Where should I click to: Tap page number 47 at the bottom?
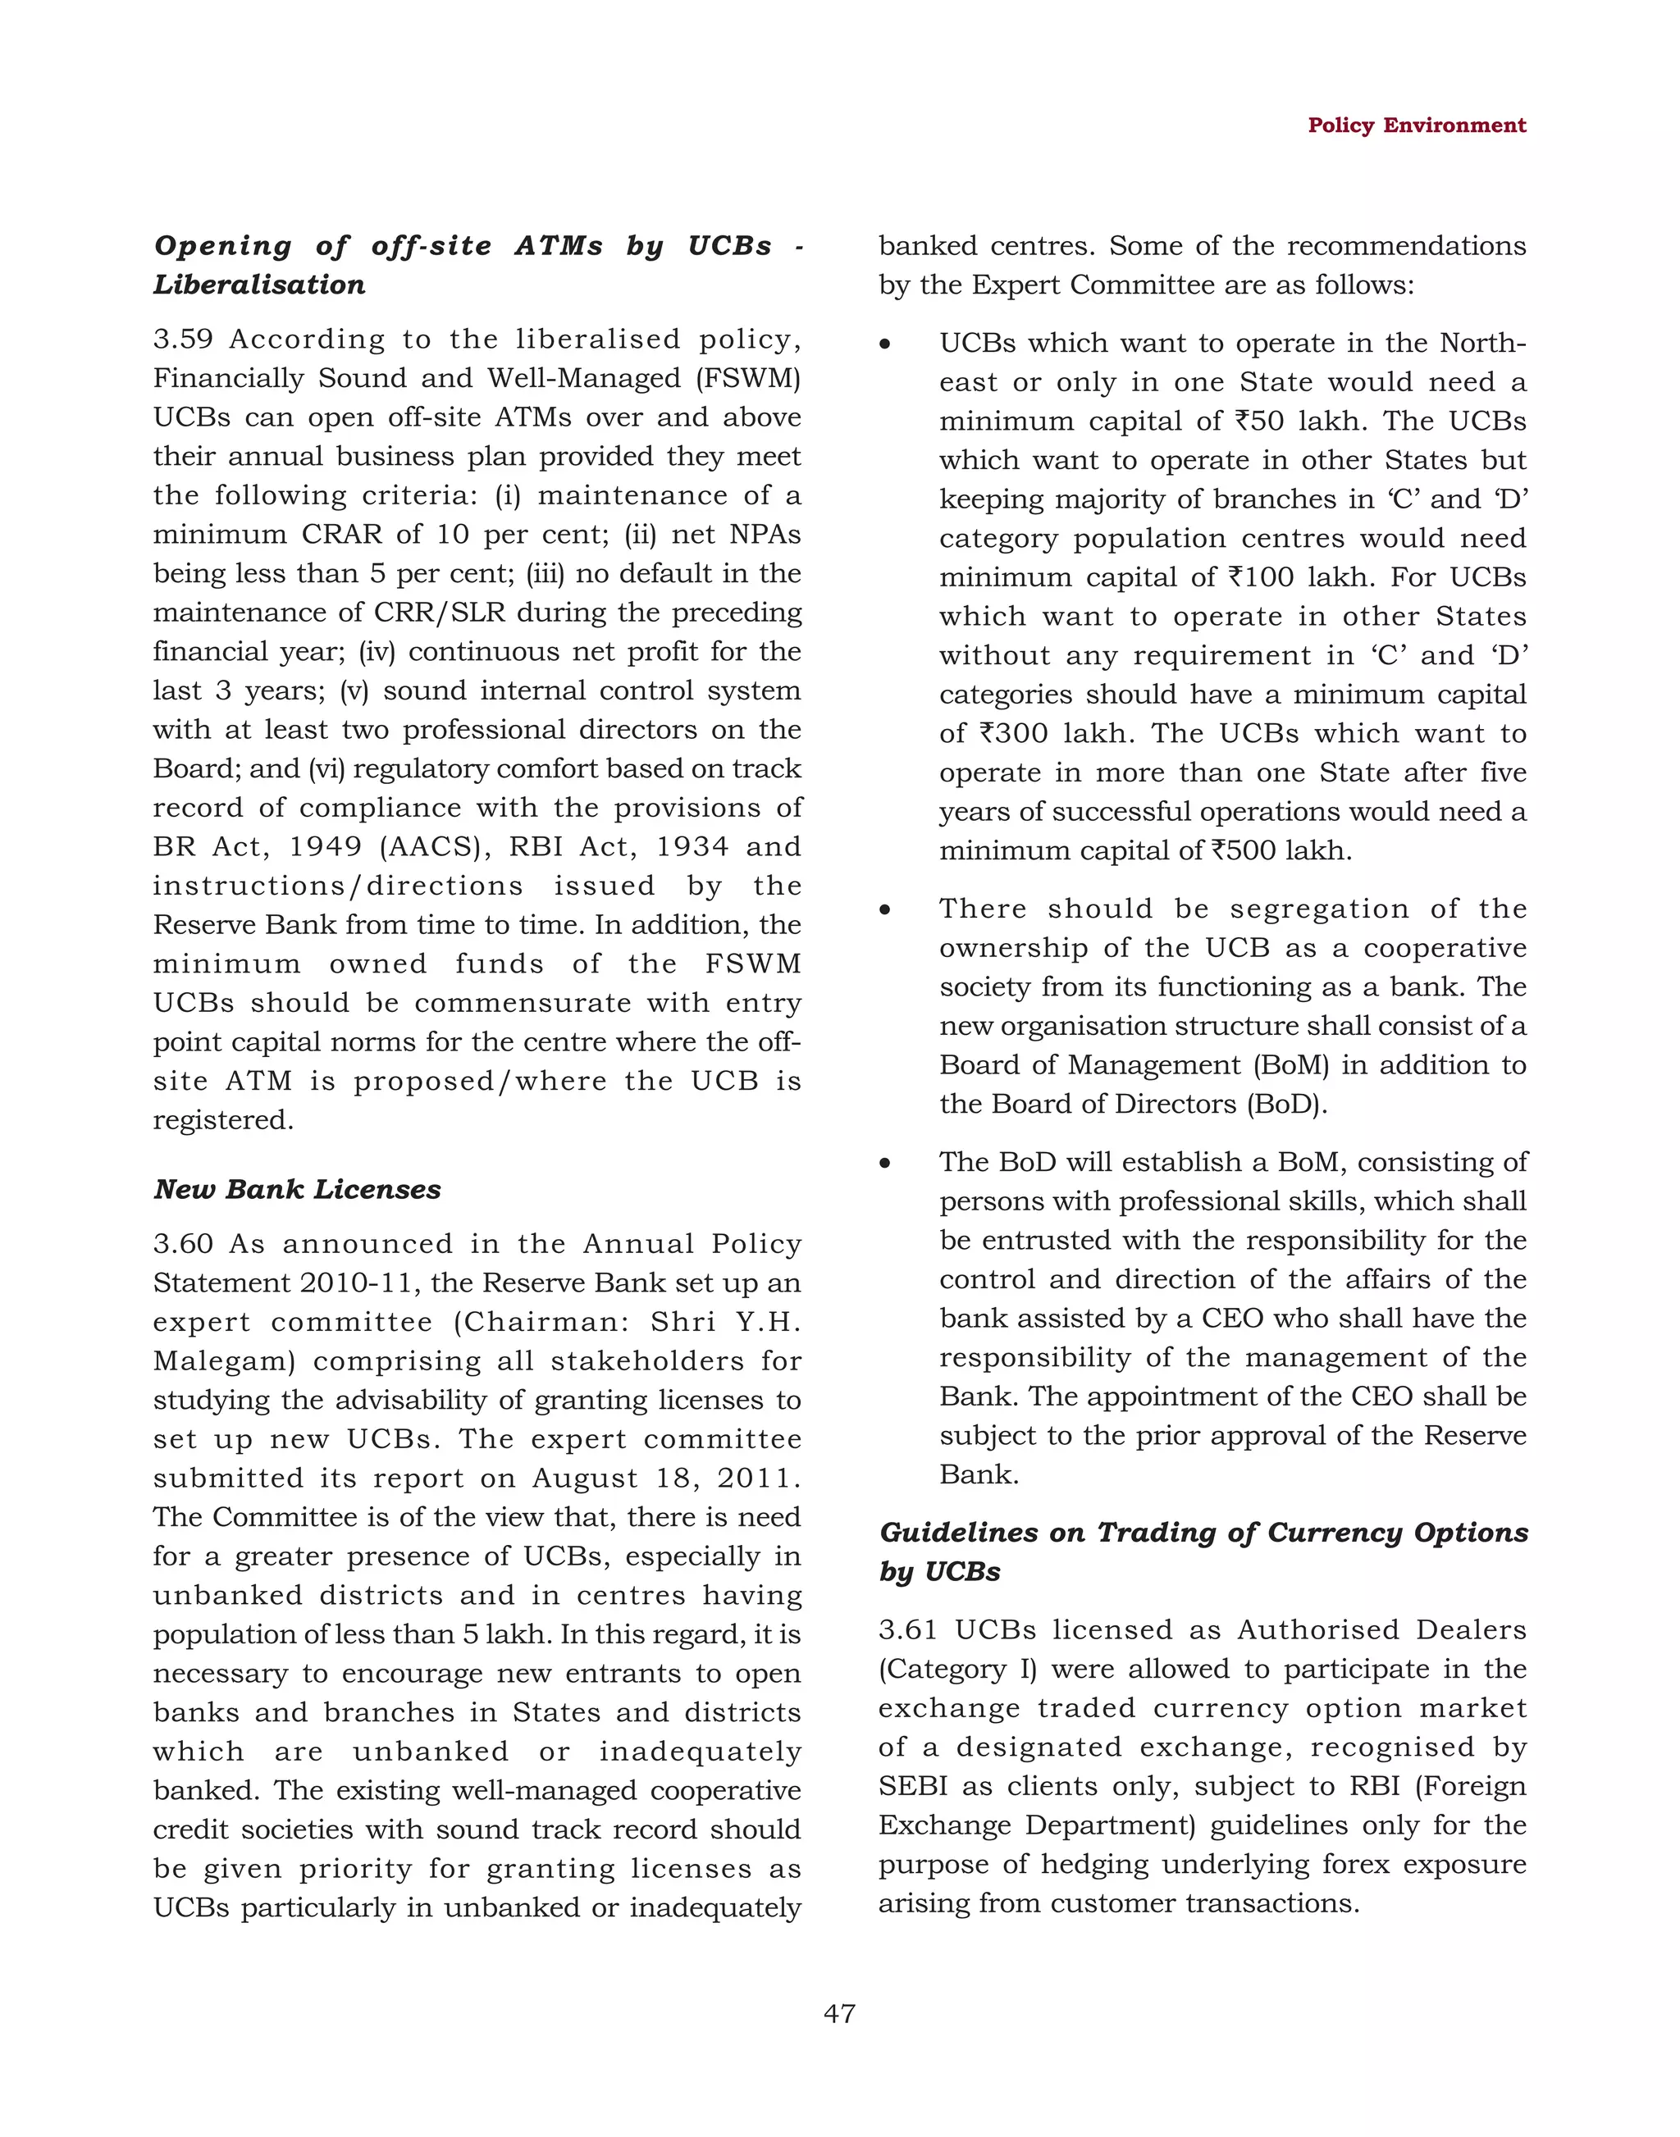pyautogui.click(x=839, y=2013)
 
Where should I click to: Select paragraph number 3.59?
pyautogui.click(x=183, y=339)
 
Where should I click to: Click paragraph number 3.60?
pyautogui.click(x=183, y=1244)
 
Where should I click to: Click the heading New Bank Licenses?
pyautogui.click(x=297, y=1189)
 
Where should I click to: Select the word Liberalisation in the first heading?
pyautogui.click(x=260, y=285)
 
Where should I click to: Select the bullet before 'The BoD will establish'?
pyautogui.click(x=885, y=1164)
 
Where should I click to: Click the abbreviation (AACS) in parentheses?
pyautogui.click(x=433, y=847)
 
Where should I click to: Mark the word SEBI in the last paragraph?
pyautogui.click(x=913, y=1786)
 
